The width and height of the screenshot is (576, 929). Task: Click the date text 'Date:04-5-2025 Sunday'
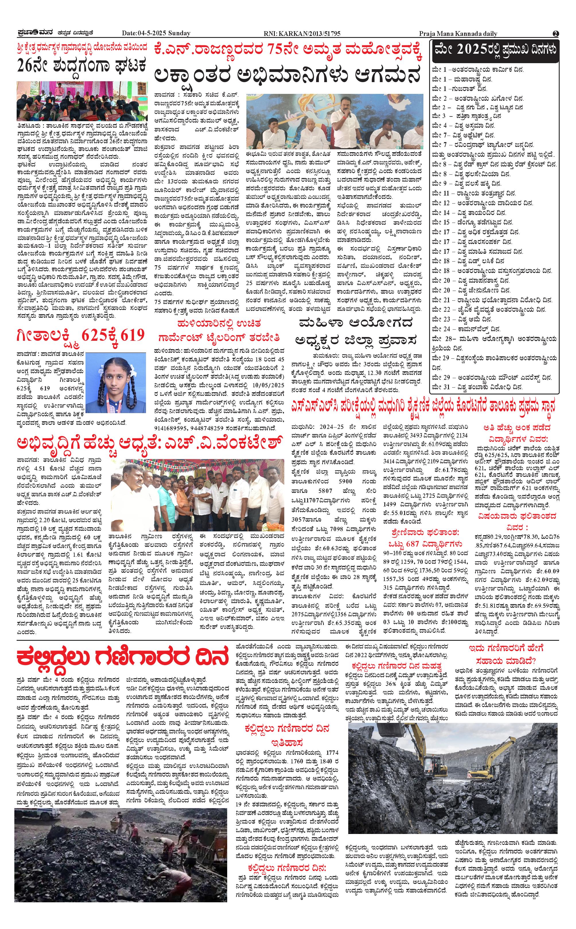[156, 34]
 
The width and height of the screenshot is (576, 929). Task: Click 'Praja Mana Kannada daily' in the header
[458, 34]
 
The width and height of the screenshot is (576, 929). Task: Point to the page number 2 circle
[556, 34]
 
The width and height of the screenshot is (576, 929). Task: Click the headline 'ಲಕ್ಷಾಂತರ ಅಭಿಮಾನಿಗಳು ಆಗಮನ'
[288, 75]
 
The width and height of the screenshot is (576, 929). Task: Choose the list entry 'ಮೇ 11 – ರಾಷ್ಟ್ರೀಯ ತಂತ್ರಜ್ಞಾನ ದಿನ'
[474, 193]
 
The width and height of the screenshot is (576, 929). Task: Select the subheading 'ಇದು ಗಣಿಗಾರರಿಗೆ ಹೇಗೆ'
[506, 648]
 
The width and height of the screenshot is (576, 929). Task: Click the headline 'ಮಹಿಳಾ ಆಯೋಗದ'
[356, 324]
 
